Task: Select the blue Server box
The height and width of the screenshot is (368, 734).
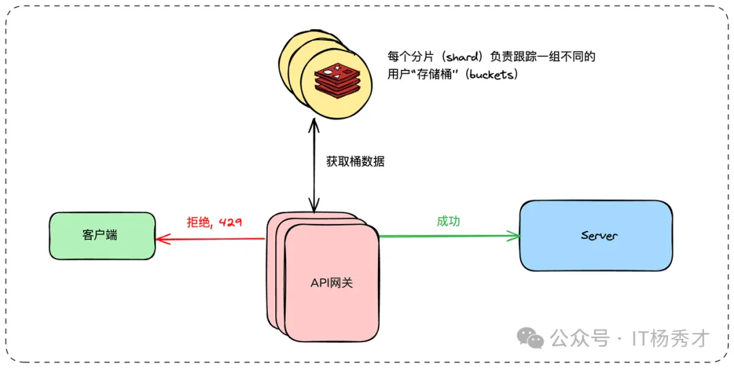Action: [595, 236]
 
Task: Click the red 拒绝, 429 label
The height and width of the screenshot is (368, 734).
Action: [214, 221]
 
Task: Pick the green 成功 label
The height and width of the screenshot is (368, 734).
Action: [448, 221]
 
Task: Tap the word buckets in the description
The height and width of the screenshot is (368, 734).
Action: [491, 75]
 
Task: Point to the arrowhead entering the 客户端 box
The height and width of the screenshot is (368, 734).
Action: [160, 238]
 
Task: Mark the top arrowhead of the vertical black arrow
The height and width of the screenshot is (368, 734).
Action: [313, 124]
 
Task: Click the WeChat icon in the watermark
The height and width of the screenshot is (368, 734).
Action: [530, 337]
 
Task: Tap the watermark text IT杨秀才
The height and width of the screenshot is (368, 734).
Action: [670, 337]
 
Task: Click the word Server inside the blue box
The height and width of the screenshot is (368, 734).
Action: [599, 236]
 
